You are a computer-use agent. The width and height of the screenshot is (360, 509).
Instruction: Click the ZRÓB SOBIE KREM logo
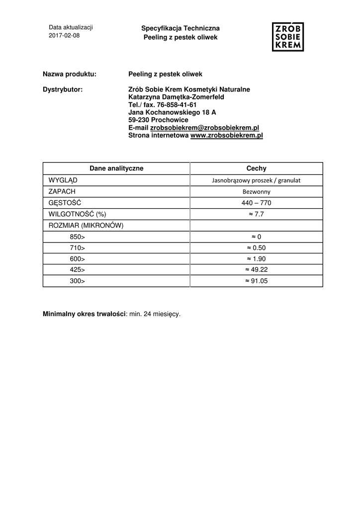pos(288,36)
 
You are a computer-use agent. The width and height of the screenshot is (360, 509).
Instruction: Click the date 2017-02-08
pos(64,36)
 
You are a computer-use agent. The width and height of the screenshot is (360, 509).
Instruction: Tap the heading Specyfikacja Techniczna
pos(180,29)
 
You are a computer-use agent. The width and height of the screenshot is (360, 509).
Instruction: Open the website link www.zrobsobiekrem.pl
pos(226,135)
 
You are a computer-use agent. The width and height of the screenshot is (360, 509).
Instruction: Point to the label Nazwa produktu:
pos(70,74)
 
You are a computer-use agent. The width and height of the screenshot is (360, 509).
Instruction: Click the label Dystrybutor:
pos(63,89)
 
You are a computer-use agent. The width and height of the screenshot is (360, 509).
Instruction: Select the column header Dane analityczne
pos(116,169)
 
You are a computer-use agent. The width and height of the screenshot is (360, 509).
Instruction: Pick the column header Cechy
pos(256,169)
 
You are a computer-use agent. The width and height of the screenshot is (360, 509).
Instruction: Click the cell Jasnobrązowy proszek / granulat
pos(256,180)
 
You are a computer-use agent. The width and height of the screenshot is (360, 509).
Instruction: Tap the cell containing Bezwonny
pos(256,191)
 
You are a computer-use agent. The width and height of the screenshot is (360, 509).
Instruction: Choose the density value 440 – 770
pos(256,203)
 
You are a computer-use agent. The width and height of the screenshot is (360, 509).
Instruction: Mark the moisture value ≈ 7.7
pos(256,214)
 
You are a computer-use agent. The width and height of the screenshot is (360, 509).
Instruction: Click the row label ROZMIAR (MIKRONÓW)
pos(86,225)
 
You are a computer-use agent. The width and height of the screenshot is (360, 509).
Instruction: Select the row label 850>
pos(77,237)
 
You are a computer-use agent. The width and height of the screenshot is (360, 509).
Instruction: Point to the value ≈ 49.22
pos(256,270)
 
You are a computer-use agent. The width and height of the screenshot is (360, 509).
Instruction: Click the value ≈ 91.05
pos(256,281)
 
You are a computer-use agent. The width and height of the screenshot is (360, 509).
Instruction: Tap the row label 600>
pos(77,259)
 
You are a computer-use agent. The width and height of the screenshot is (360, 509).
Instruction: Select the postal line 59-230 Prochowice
pos(158,120)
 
